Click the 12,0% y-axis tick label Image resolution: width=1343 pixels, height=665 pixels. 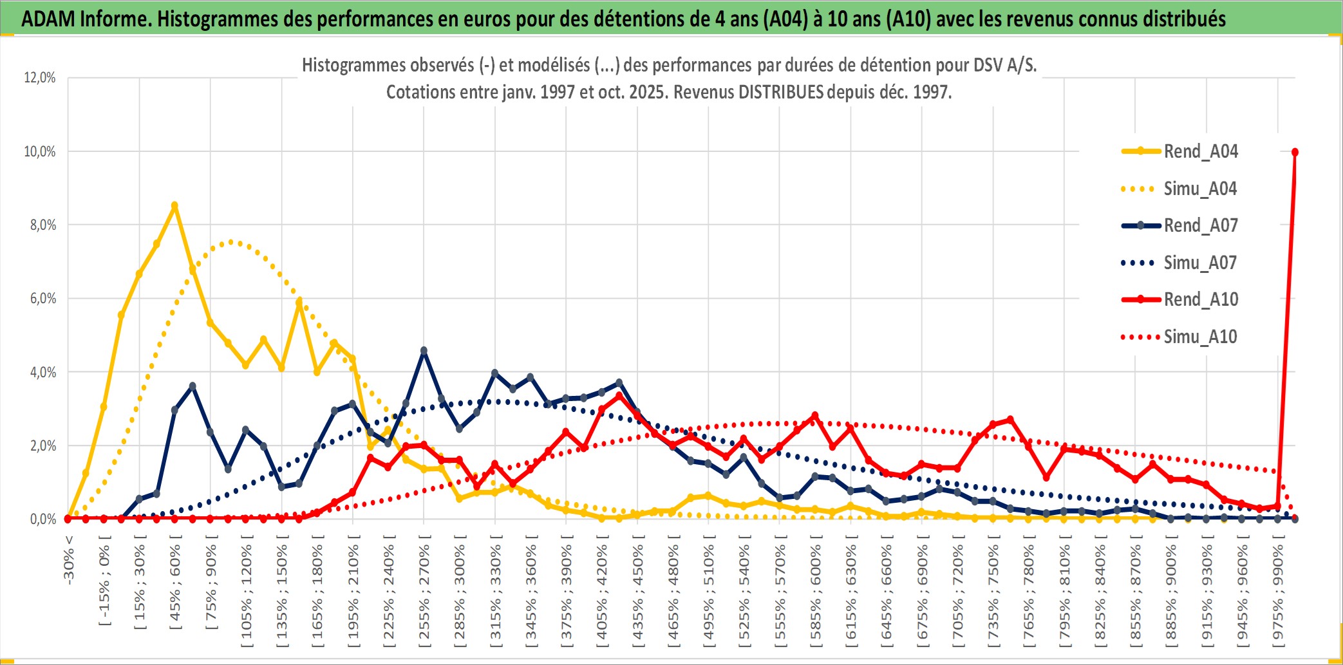[x=40, y=78]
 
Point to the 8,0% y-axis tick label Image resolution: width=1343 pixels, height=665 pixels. [x=42, y=225]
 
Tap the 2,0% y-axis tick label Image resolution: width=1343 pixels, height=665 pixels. [x=42, y=445]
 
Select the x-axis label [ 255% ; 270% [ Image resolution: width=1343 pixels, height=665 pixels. [x=424, y=592]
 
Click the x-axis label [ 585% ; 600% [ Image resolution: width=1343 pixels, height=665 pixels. [x=816, y=592]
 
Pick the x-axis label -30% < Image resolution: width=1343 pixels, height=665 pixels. [x=69, y=560]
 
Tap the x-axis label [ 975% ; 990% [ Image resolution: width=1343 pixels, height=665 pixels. [x=1278, y=592]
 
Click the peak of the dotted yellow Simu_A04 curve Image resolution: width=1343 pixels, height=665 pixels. [x=231, y=242]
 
